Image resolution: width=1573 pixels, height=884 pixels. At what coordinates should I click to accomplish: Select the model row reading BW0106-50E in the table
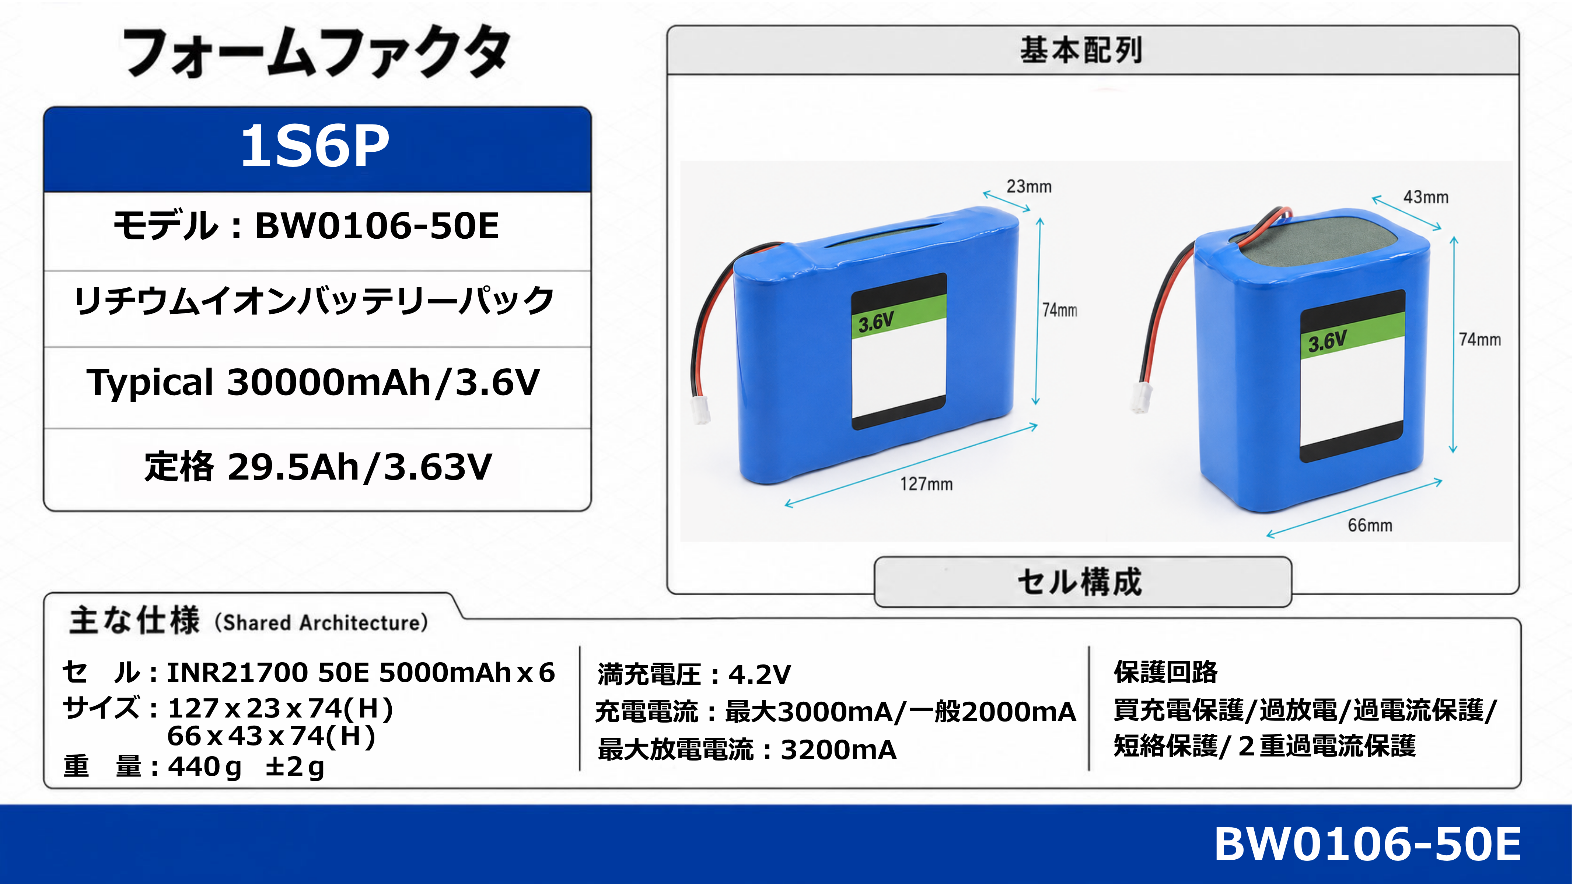pyautogui.click(x=307, y=226)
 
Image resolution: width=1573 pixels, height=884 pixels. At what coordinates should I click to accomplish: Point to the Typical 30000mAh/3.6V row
pyautogui.click(x=313, y=383)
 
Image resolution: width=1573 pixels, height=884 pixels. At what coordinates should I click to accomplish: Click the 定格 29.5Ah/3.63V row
pyautogui.click(x=318, y=467)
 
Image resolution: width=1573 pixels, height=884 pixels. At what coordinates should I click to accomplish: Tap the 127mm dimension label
pyautogui.click(x=926, y=484)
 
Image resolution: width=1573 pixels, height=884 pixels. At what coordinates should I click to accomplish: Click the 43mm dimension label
pyautogui.click(x=1426, y=197)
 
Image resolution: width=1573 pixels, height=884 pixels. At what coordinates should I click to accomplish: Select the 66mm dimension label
pyautogui.click(x=1370, y=525)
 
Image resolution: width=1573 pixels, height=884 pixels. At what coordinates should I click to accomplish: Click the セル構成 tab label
pyautogui.click(x=1080, y=582)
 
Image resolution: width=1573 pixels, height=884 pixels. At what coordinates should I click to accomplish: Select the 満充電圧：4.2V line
pyautogui.click(x=694, y=674)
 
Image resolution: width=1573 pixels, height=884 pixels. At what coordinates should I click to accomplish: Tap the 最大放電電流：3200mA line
pyautogui.click(x=747, y=750)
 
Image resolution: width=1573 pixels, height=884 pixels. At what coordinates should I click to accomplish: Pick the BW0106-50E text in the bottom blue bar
pyautogui.click(x=1368, y=844)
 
